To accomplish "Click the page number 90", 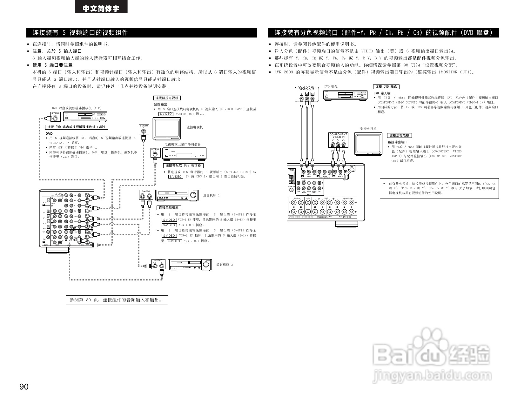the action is pyautogui.click(x=24, y=387).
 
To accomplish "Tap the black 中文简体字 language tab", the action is pyautogui.click(x=101, y=8).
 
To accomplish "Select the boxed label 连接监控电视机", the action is pyautogui.click(x=167, y=98).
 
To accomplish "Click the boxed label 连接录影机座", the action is pyautogui.click(x=169, y=208).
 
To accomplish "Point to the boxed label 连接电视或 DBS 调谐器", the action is pyautogui.click(x=183, y=165).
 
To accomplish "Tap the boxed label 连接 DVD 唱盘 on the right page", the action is pyautogui.click(x=386, y=87).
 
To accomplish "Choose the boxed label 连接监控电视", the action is pyautogui.click(x=399, y=136).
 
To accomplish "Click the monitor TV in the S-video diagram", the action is pyautogui.click(x=167, y=129).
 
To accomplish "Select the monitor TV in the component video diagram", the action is pyautogui.click(x=368, y=144).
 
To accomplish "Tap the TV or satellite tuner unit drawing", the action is pyautogui.click(x=184, y=153).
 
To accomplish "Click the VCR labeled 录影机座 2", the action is pyautogui.click(x=190, y=265).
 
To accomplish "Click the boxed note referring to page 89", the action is pyautogui.click(x=117, y=300).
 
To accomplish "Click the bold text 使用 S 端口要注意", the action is pyautogui.click(x=52, y=65).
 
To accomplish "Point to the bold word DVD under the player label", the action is pyautogui.click(x=49, y=134).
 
